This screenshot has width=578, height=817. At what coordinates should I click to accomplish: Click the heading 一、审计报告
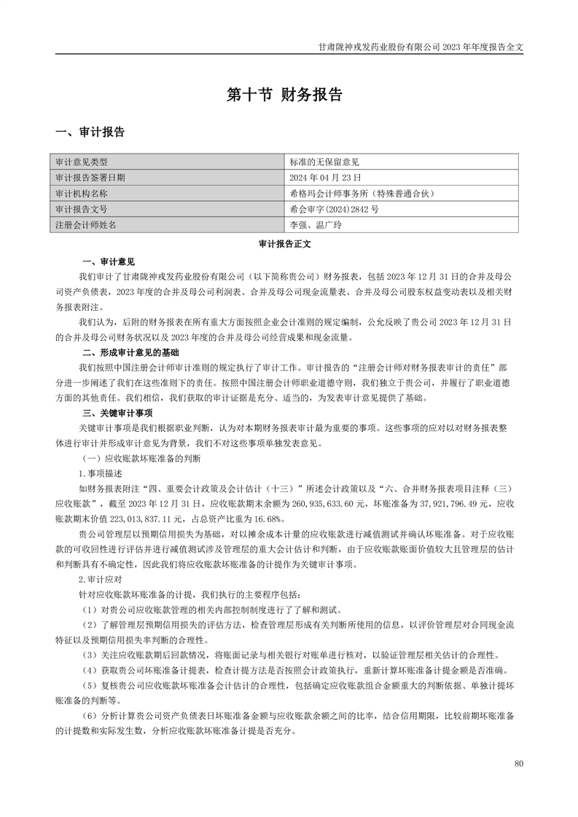tap(90, 133)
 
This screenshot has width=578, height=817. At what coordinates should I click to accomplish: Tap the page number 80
tap(518, 763)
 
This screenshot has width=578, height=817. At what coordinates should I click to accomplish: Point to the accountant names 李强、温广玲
tap(316, 225)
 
